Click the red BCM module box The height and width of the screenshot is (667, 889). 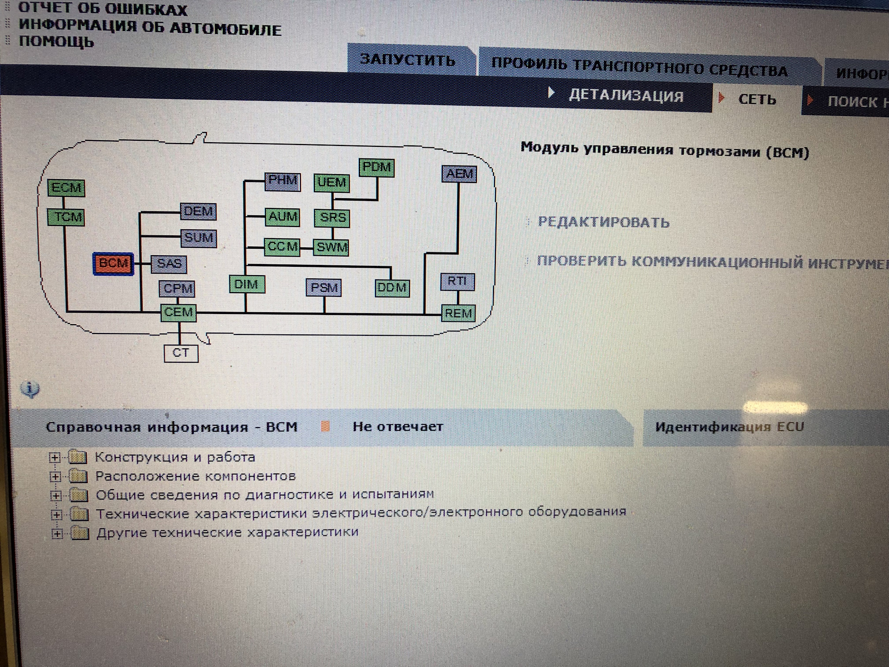(x=113, y=264)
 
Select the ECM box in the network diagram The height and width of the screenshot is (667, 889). (x=66, y=188)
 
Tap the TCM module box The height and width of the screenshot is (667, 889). (x=66, y=217)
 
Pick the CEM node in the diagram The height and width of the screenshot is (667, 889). (x=178, y=313)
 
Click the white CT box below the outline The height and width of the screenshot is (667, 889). (x=181, y=353)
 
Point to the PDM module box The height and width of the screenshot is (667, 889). (x=376, y=167)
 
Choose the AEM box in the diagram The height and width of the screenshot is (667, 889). (x=459, y=174)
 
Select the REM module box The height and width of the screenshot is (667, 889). (x=458, y=314)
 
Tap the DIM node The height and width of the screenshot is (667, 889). (x=247, y=284)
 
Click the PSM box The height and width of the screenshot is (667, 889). (x=324, y=288)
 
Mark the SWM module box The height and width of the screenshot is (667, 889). (x=332, y=247)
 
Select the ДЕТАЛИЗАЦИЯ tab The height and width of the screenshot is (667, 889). (x=626, y=96)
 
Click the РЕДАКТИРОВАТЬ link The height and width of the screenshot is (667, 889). (x=603, y=223)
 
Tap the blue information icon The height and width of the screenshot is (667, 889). (x=30, y=389)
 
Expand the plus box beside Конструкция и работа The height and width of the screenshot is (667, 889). (x=55, y=458)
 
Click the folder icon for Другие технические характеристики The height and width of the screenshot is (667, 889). (x=80, y=534)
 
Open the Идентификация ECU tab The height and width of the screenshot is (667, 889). (x=729, y=427)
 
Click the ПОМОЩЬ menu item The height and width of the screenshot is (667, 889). (x=56, y=42)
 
